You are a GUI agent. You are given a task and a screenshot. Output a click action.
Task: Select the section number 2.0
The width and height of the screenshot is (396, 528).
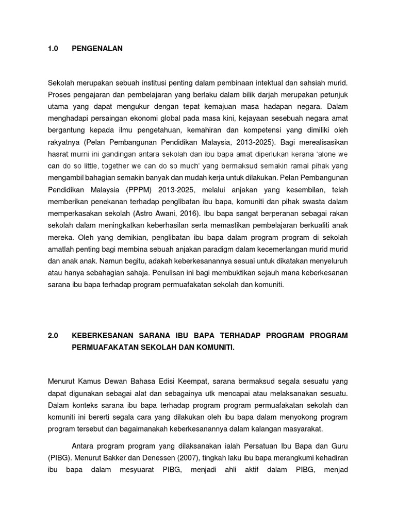point(53,336)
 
